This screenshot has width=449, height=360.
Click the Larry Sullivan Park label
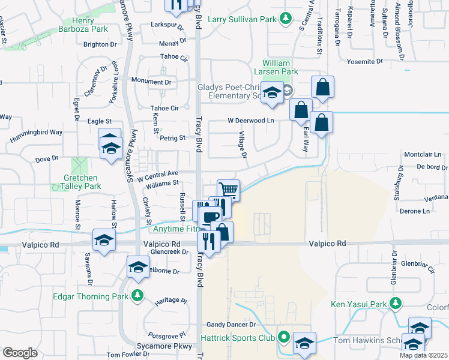(242, 19)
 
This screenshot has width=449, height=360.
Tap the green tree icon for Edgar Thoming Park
(138, 296)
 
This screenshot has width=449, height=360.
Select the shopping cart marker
(228, 190)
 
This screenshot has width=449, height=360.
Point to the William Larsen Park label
(280, 67)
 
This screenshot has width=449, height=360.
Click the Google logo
(20, 352)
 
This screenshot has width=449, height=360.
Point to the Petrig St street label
(173, 138)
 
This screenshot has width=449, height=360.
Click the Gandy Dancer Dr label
(232, 324)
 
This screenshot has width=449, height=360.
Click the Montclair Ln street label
(427, 154)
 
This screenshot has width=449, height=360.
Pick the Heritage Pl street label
(170, 300)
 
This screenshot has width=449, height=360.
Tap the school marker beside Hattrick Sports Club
(304, 343)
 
